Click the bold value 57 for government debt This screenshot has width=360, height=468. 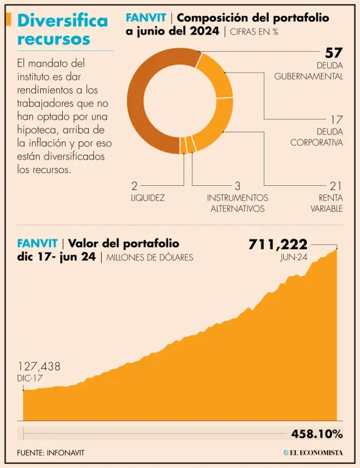pos(334,53)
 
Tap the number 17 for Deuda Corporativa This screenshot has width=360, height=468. pos(336,119)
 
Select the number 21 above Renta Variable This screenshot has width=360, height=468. pos(336,186)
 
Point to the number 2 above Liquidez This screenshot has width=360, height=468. pos(135,186)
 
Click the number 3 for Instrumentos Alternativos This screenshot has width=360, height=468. pos(238,186)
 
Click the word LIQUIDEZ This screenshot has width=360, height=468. pos(148,198)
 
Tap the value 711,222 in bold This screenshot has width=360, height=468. pos(278,244)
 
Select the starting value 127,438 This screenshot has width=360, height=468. pos(39,366)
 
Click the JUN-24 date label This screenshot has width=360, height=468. pos(294,257)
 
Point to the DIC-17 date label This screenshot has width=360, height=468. pos(30,378)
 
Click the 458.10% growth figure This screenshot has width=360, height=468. pos(317,434)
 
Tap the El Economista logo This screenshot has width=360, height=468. pos(313,453)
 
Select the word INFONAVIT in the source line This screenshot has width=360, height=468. pos(66,453)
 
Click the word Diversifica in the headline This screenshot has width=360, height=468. pos(63,21)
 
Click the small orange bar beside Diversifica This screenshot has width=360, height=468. pos(9,19)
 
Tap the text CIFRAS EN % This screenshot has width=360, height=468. pos(254,32)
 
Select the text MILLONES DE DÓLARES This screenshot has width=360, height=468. pos(150,257)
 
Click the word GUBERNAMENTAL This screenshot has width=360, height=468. pos(309,76)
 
